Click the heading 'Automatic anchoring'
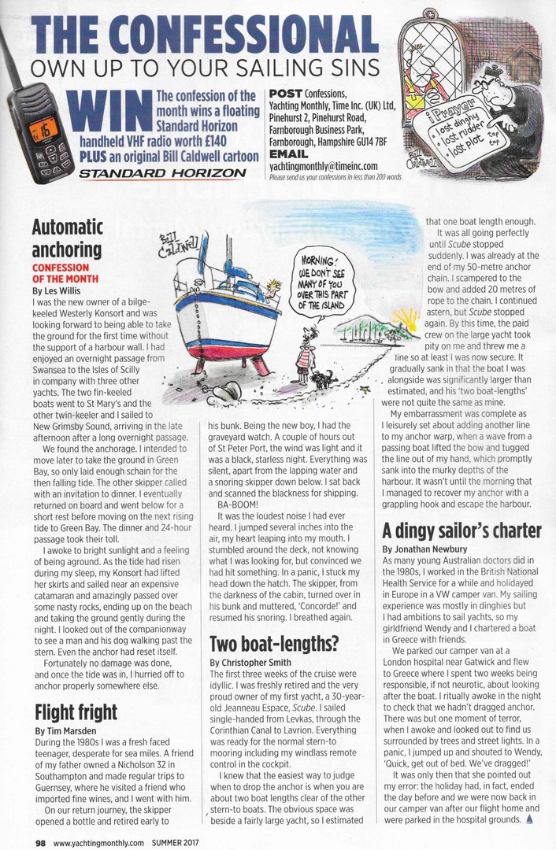tap(67, 238)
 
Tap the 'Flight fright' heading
tap(76, 712)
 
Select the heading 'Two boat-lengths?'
tap(274, 643)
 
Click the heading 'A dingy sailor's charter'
tap(461, 529)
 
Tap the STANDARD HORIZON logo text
tap(128, 172)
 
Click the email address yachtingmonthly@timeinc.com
tap(323, 166)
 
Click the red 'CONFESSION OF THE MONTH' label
tap(65, 273)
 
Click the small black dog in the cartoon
tap(322, 379)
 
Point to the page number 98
tap(39, 842)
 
